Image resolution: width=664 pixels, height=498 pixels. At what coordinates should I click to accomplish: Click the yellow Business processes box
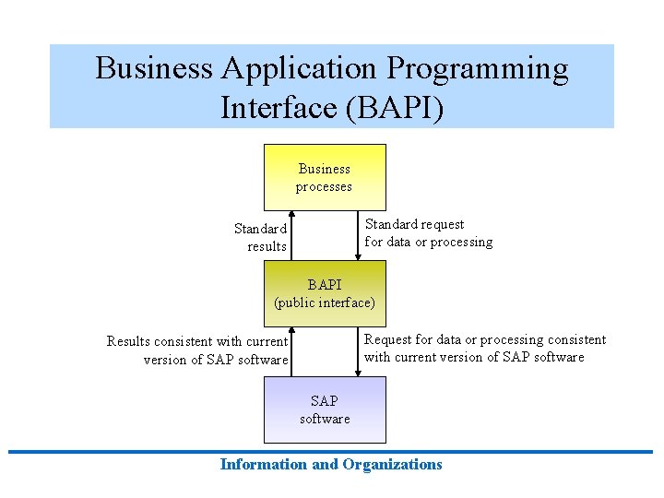point(325,177)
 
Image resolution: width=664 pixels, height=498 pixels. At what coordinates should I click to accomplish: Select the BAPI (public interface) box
point(325,293)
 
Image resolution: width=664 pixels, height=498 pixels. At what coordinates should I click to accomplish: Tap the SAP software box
point(325,409)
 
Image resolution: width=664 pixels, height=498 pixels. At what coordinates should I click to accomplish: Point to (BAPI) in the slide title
point(394,108)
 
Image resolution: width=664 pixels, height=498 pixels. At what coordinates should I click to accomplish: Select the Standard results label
point(261,237)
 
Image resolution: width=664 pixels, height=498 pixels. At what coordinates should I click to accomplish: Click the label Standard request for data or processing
point(428,232)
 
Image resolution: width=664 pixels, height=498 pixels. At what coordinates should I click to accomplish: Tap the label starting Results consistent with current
point(198,350)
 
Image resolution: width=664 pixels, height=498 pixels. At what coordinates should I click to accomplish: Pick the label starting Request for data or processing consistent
point(485,348)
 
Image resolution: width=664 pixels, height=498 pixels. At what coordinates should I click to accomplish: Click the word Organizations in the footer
point(392,464)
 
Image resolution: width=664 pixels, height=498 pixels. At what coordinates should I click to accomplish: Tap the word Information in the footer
point(264,464)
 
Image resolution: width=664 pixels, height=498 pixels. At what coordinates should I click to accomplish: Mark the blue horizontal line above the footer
point(332,451)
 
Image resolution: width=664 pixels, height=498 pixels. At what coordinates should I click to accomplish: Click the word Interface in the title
point(279,108)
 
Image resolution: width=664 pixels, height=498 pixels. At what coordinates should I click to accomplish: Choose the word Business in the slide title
point(148,69)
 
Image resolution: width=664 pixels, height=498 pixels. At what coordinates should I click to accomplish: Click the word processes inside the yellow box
point(324,186)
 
